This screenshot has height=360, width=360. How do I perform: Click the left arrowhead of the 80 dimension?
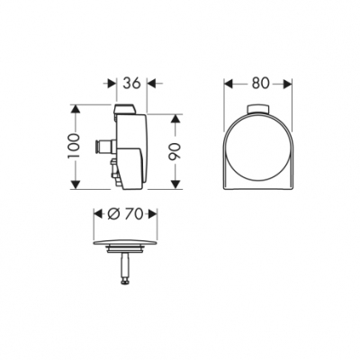pyautogui.click(x=228, y=84)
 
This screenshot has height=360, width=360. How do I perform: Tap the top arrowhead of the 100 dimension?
pyautogui.click(x=79, y=110)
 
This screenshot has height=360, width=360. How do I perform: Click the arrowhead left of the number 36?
pyautogui.click(x=115, y=84)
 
